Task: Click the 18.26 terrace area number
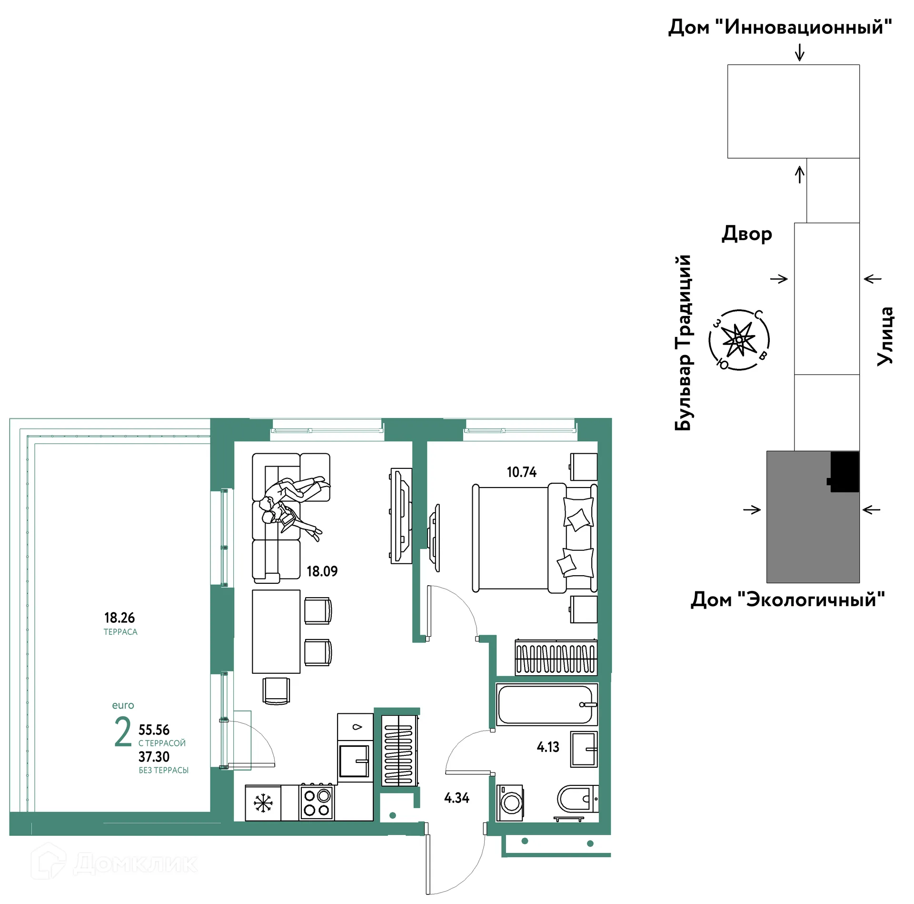coord(119,618)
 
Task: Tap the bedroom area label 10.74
coord(521,472)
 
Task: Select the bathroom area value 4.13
coord(548,747)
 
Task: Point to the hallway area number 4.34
coord(457,798)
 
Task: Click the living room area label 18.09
coord(322,571)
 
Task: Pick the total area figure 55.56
coord(154,730)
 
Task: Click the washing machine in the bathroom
coord(510,803)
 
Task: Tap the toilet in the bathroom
coord(577,799)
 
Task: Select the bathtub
coord(546,705)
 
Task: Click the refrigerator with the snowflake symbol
coord(263,803)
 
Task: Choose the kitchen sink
coord(354,761)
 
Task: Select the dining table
coord(276,631)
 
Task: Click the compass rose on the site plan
coord(739,340)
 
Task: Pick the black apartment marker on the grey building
coord(844,472)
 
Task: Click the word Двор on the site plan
coord(746,234)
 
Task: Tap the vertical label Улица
coord(885,336)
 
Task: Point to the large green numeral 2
coord(123,731)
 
